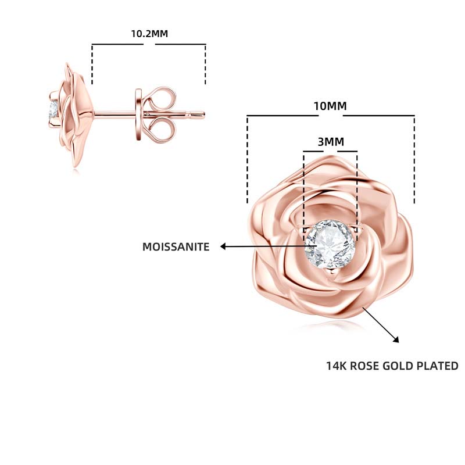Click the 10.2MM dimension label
pyautogui.click(x=149, y=34)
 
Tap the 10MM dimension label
pyautogui.click(x=330, y=106)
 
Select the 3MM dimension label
pyautogui.click(x=331, y=142)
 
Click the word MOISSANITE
pyautogui.click(x=176, y=246)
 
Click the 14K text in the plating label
pyautogui.click(x=337, y=366)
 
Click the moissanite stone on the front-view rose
pyautogui.click(x=330, y=244)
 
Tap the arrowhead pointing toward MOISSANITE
pyautogui.click(x=223, y=246)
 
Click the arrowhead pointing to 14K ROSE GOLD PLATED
pyautogui.click(x=396, y=340)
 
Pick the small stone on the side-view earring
pyautogui.click(x=53, y=110)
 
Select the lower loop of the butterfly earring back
pyautogui.click(x=160, y=129)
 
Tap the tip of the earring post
pyautogui.click(x=204, y=115)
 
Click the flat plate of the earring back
pyautogui.click(x=138, y=115)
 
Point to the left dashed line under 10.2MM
pyautogui.click(x=92, y=65)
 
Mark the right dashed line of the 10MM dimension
pyautogui.click(x=414, y=159)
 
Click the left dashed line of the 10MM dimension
pyautogui.click(x=248, y=159)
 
